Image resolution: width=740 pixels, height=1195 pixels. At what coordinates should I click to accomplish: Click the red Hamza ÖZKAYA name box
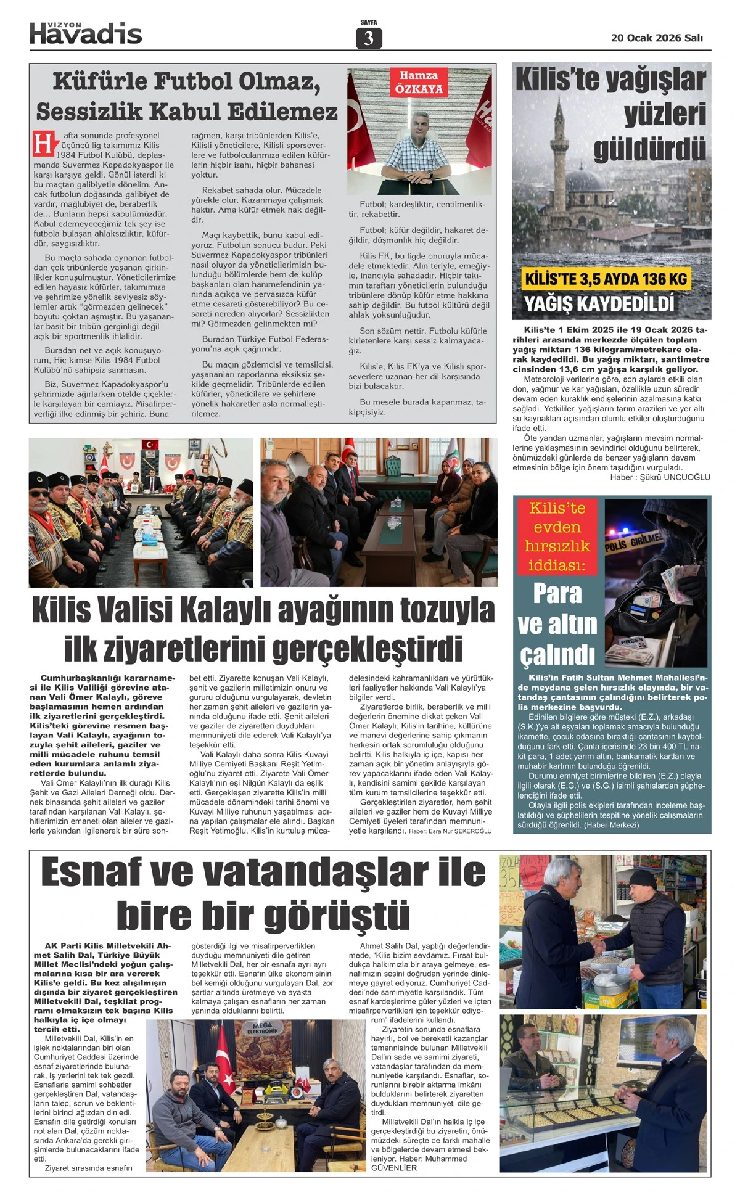tap(419, 82)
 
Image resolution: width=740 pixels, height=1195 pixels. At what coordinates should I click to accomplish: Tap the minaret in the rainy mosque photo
tap(561, 148)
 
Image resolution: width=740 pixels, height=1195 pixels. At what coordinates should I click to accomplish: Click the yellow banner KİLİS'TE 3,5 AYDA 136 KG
tap(606, 279)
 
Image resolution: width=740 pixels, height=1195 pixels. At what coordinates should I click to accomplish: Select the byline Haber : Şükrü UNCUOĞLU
tap(660, 477)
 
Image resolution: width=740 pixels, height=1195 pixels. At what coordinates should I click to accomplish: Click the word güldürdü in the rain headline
tap(650, 150)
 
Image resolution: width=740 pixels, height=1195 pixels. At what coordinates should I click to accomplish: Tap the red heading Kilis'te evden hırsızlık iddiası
tap(557, 536)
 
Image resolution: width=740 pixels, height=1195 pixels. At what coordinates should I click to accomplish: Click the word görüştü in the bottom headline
tap(337, 916)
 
